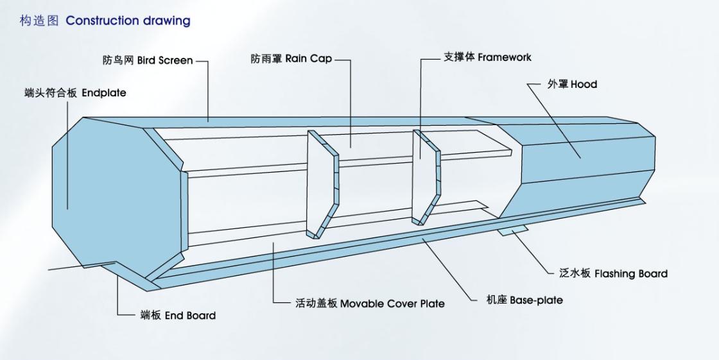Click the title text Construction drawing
tap(128, 21)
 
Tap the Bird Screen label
tap(165, 60)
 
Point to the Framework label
tap(505, 57)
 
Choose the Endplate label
tap(103, 93)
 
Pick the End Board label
tap(190, 315)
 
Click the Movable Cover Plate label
tap(392, 303)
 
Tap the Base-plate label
tap(536, 300)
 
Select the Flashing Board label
tap(630, 273)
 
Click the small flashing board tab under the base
tap(512, 230)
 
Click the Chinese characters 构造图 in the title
tap(39, 21)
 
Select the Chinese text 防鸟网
tap(118, 60)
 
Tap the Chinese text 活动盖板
tap(316, 303)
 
